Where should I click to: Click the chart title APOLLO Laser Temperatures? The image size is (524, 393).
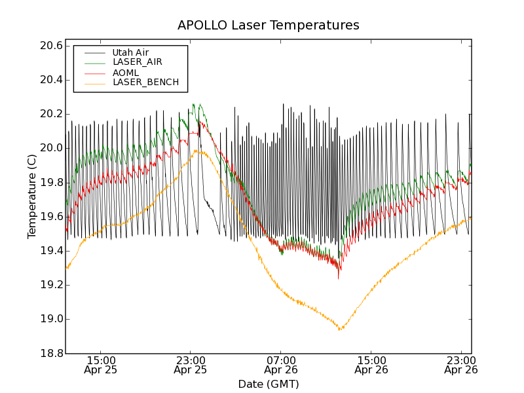pos(268,26)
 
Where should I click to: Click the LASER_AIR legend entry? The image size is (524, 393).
pos(137,62)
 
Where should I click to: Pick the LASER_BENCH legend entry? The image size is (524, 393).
pos(145,83)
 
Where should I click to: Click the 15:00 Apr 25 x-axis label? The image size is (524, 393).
pos(101,365)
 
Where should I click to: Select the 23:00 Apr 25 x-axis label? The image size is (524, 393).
pos(191,365)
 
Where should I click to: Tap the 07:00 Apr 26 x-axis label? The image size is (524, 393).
pos(281,365)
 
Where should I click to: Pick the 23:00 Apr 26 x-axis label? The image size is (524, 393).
pos(461,365)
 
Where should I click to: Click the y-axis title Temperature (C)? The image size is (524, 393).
pos(32,196)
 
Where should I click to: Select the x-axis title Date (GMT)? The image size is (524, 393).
pos(268,384)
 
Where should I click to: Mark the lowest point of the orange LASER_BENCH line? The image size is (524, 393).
pos(339,329)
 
